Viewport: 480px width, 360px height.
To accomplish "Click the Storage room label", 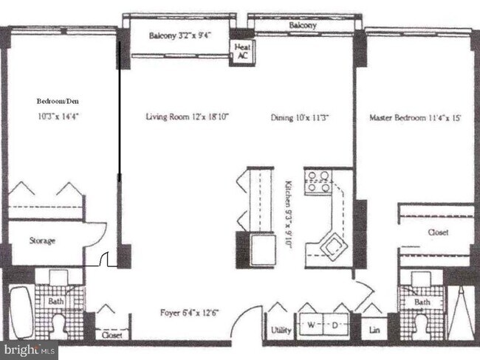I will click(x=43, y=240).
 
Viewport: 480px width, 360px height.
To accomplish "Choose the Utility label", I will click(x=280, y=330).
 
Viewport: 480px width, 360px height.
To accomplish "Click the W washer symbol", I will click(x=312, y=325).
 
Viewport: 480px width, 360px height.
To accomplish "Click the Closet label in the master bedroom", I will click(x=437, y=232).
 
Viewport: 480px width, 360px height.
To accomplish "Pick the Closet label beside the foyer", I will click(x=112, y=334).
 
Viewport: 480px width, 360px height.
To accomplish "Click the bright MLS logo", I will click(x=29, y=350).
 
